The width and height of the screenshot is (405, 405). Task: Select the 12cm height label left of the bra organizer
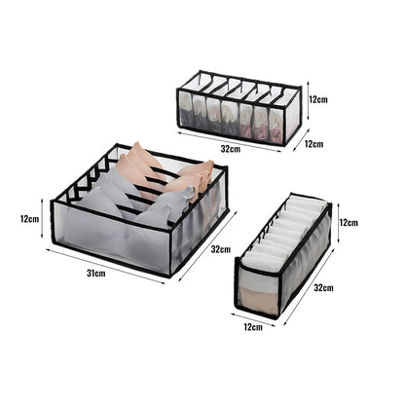[x=28, y=218]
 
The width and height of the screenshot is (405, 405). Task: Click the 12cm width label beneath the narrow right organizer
[x=253, y=327]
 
